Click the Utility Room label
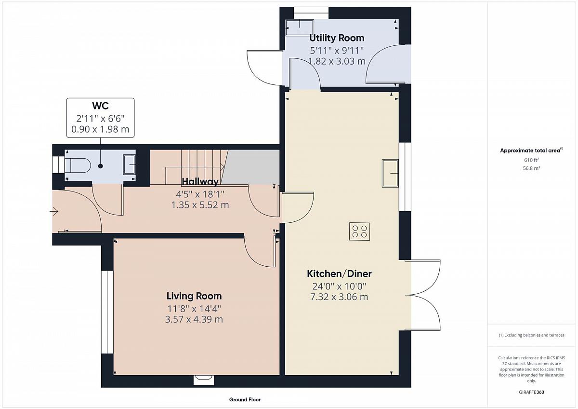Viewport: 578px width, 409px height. coord(337,38)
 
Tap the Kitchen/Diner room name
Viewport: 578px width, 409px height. coord(339,273)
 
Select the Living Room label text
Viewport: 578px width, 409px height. coord(194,296)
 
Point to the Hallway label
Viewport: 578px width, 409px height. coord(200,182)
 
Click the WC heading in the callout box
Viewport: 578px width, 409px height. coord(100,106)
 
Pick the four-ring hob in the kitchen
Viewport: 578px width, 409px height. coord(359,232)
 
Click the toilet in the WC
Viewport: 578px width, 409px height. coord(77,165)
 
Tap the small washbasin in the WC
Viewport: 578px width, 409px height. coord(129,164)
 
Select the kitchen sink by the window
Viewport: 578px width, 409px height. coord(390,173)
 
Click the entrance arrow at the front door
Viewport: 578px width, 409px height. coord(54,212)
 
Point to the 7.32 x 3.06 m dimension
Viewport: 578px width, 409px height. coord(339,297)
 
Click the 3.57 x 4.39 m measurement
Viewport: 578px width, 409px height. coord(194,319)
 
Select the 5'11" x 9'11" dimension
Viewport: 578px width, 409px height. coord(337,51)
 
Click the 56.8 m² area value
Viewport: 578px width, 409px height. coord(532,168)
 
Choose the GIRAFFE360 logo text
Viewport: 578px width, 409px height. coord(532,392)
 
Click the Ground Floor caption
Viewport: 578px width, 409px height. coord(245,399)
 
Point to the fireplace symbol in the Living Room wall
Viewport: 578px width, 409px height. coord(204,380)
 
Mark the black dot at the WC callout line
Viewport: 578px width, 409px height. coord(100,166)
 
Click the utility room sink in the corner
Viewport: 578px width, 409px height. coord(299,27)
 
